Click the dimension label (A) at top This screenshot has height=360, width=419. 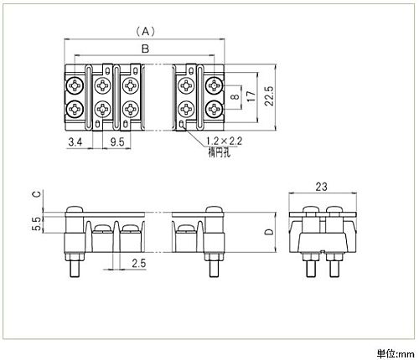coord(145,32)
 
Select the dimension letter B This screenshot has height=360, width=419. coord(145,49)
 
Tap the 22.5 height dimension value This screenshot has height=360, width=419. coord(270,96)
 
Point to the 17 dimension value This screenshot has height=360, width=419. coord(251,96)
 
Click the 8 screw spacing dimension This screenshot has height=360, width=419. coord(236,96)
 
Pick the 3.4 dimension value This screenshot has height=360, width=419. coord(75,142)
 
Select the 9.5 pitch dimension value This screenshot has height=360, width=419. coord(117,142)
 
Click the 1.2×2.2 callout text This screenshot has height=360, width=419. coord(224,141)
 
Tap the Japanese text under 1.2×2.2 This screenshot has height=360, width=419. coord(220,152)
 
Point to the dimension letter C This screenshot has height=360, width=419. coord(38,193)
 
